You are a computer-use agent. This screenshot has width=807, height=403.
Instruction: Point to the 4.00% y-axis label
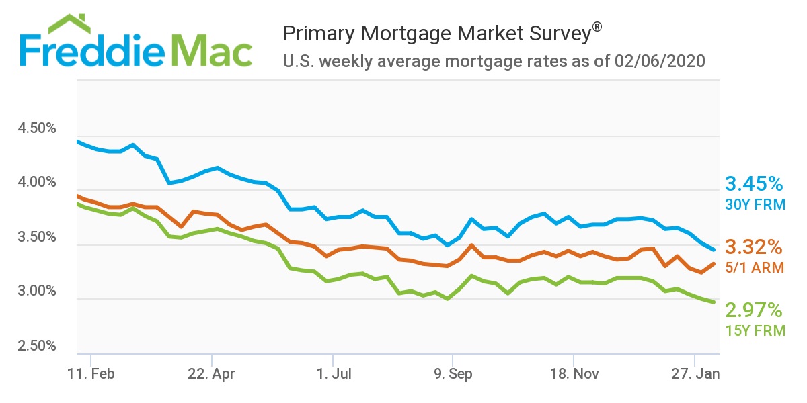click(x=37, y=183)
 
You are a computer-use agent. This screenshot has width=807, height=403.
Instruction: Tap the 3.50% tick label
click(x=37, y=237)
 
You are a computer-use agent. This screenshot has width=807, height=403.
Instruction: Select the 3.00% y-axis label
click(x=37, y=292)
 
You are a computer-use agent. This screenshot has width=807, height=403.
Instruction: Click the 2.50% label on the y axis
click(x=37, y=346)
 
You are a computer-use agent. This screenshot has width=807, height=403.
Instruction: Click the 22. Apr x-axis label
click(x=210, y=374)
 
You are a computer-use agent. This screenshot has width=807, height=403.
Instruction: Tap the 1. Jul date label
click(x=332, y=374)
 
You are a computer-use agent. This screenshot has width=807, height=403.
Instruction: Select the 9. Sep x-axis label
click(x=452, y=374)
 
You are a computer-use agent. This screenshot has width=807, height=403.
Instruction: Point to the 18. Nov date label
click(x=573, y=374)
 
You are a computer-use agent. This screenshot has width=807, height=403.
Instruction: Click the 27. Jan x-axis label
click(x=693, y=374)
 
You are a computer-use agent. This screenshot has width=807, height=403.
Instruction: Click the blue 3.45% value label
click(x=754, y=184)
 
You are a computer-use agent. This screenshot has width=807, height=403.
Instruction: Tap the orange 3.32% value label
click(x=754, y=247)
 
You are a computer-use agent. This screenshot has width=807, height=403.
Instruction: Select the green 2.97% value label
click(x=754, y=310)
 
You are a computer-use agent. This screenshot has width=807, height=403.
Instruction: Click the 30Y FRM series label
click(x=755, y=204)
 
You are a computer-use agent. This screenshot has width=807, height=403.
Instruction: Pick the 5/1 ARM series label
click(x=755, y=267)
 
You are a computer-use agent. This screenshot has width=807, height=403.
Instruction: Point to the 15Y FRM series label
click(x=755, y=330)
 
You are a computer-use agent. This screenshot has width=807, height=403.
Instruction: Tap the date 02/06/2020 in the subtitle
click(x=659, y=62)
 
